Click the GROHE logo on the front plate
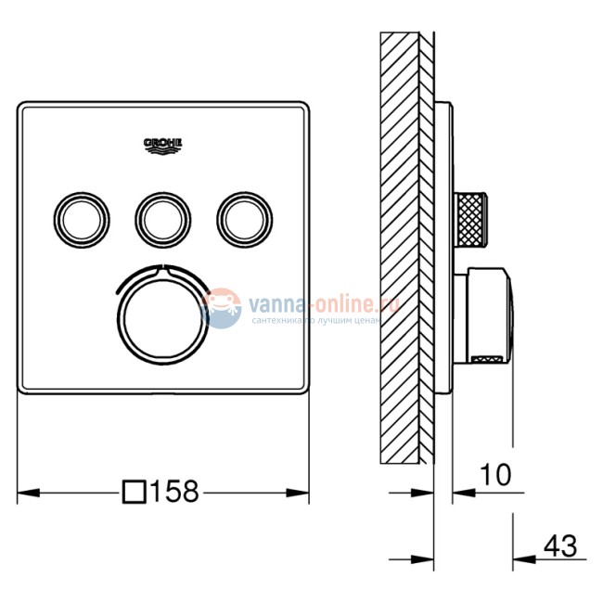tap(163, 144)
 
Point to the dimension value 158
tap(175, 491)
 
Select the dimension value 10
tap(496, 476)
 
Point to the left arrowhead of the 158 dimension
tap(25, 491)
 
